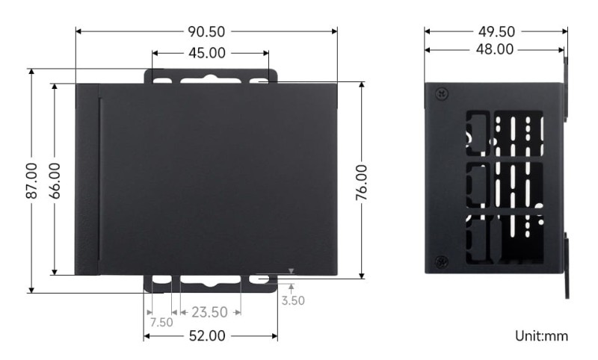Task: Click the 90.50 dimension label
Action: tap(207, 31)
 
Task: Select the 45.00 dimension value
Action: tap(210, 53)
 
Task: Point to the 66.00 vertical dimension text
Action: tap(55, 180)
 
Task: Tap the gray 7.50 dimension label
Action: tap(161, 323)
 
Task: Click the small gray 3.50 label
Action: tap(293, 301)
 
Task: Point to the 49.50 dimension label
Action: tap(496, 31)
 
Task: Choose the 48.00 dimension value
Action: tap(494, 49)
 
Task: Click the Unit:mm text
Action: tap(541, 336)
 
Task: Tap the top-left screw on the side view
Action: tap(441, 94)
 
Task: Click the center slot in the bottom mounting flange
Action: tap(210, 280)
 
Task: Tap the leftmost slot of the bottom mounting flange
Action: tap(163, 279)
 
